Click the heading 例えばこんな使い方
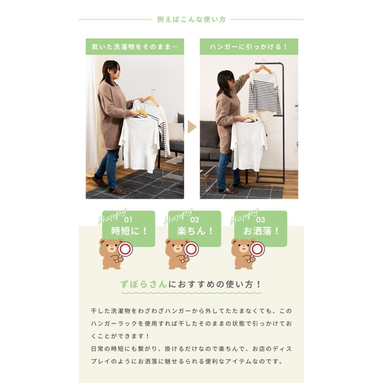click(x=191, y=20)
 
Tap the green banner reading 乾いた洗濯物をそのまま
click(x=134, y=46)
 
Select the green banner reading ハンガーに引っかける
click(x=249, y=46)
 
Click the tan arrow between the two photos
click(x=192, y=126)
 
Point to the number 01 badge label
click(x=128, y=220)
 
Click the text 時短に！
click(x=129, y=232)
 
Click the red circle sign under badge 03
click(x=257, y=249)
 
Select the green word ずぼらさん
click(x=143, y=285)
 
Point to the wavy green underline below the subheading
click(x=191, y=293)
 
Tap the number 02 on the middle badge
click(x=194, y=220)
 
